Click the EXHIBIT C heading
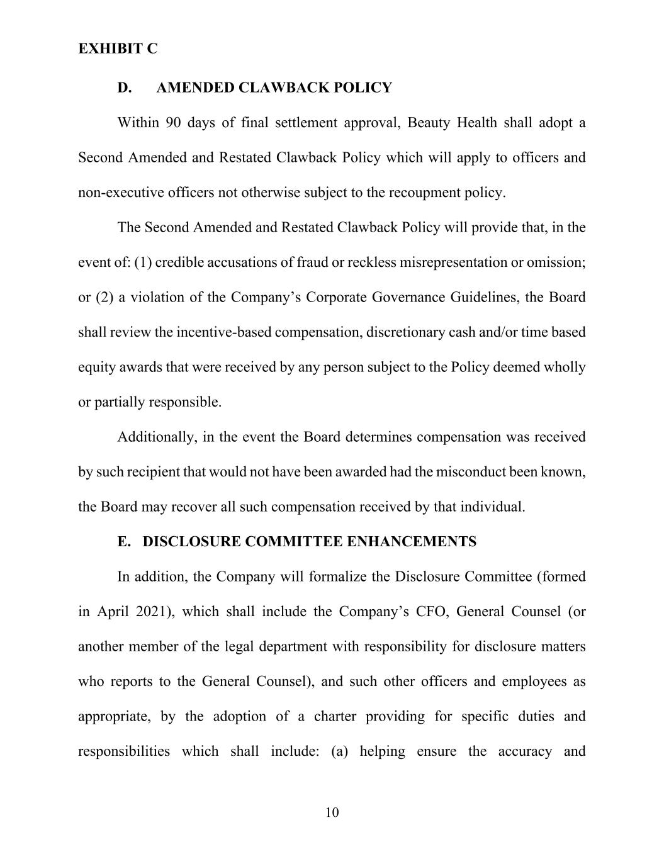coord(118,48)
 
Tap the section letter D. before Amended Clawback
coord(125,87)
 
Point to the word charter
coord(334,717)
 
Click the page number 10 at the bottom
coord(332,812)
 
